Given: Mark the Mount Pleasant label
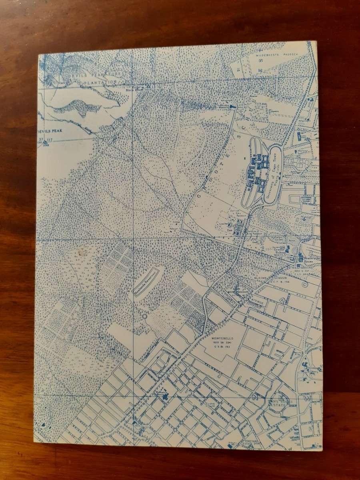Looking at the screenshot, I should pyautogui.click(x=238, y=294).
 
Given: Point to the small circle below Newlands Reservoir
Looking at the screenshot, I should pyautogui.click(x=144, y=316).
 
